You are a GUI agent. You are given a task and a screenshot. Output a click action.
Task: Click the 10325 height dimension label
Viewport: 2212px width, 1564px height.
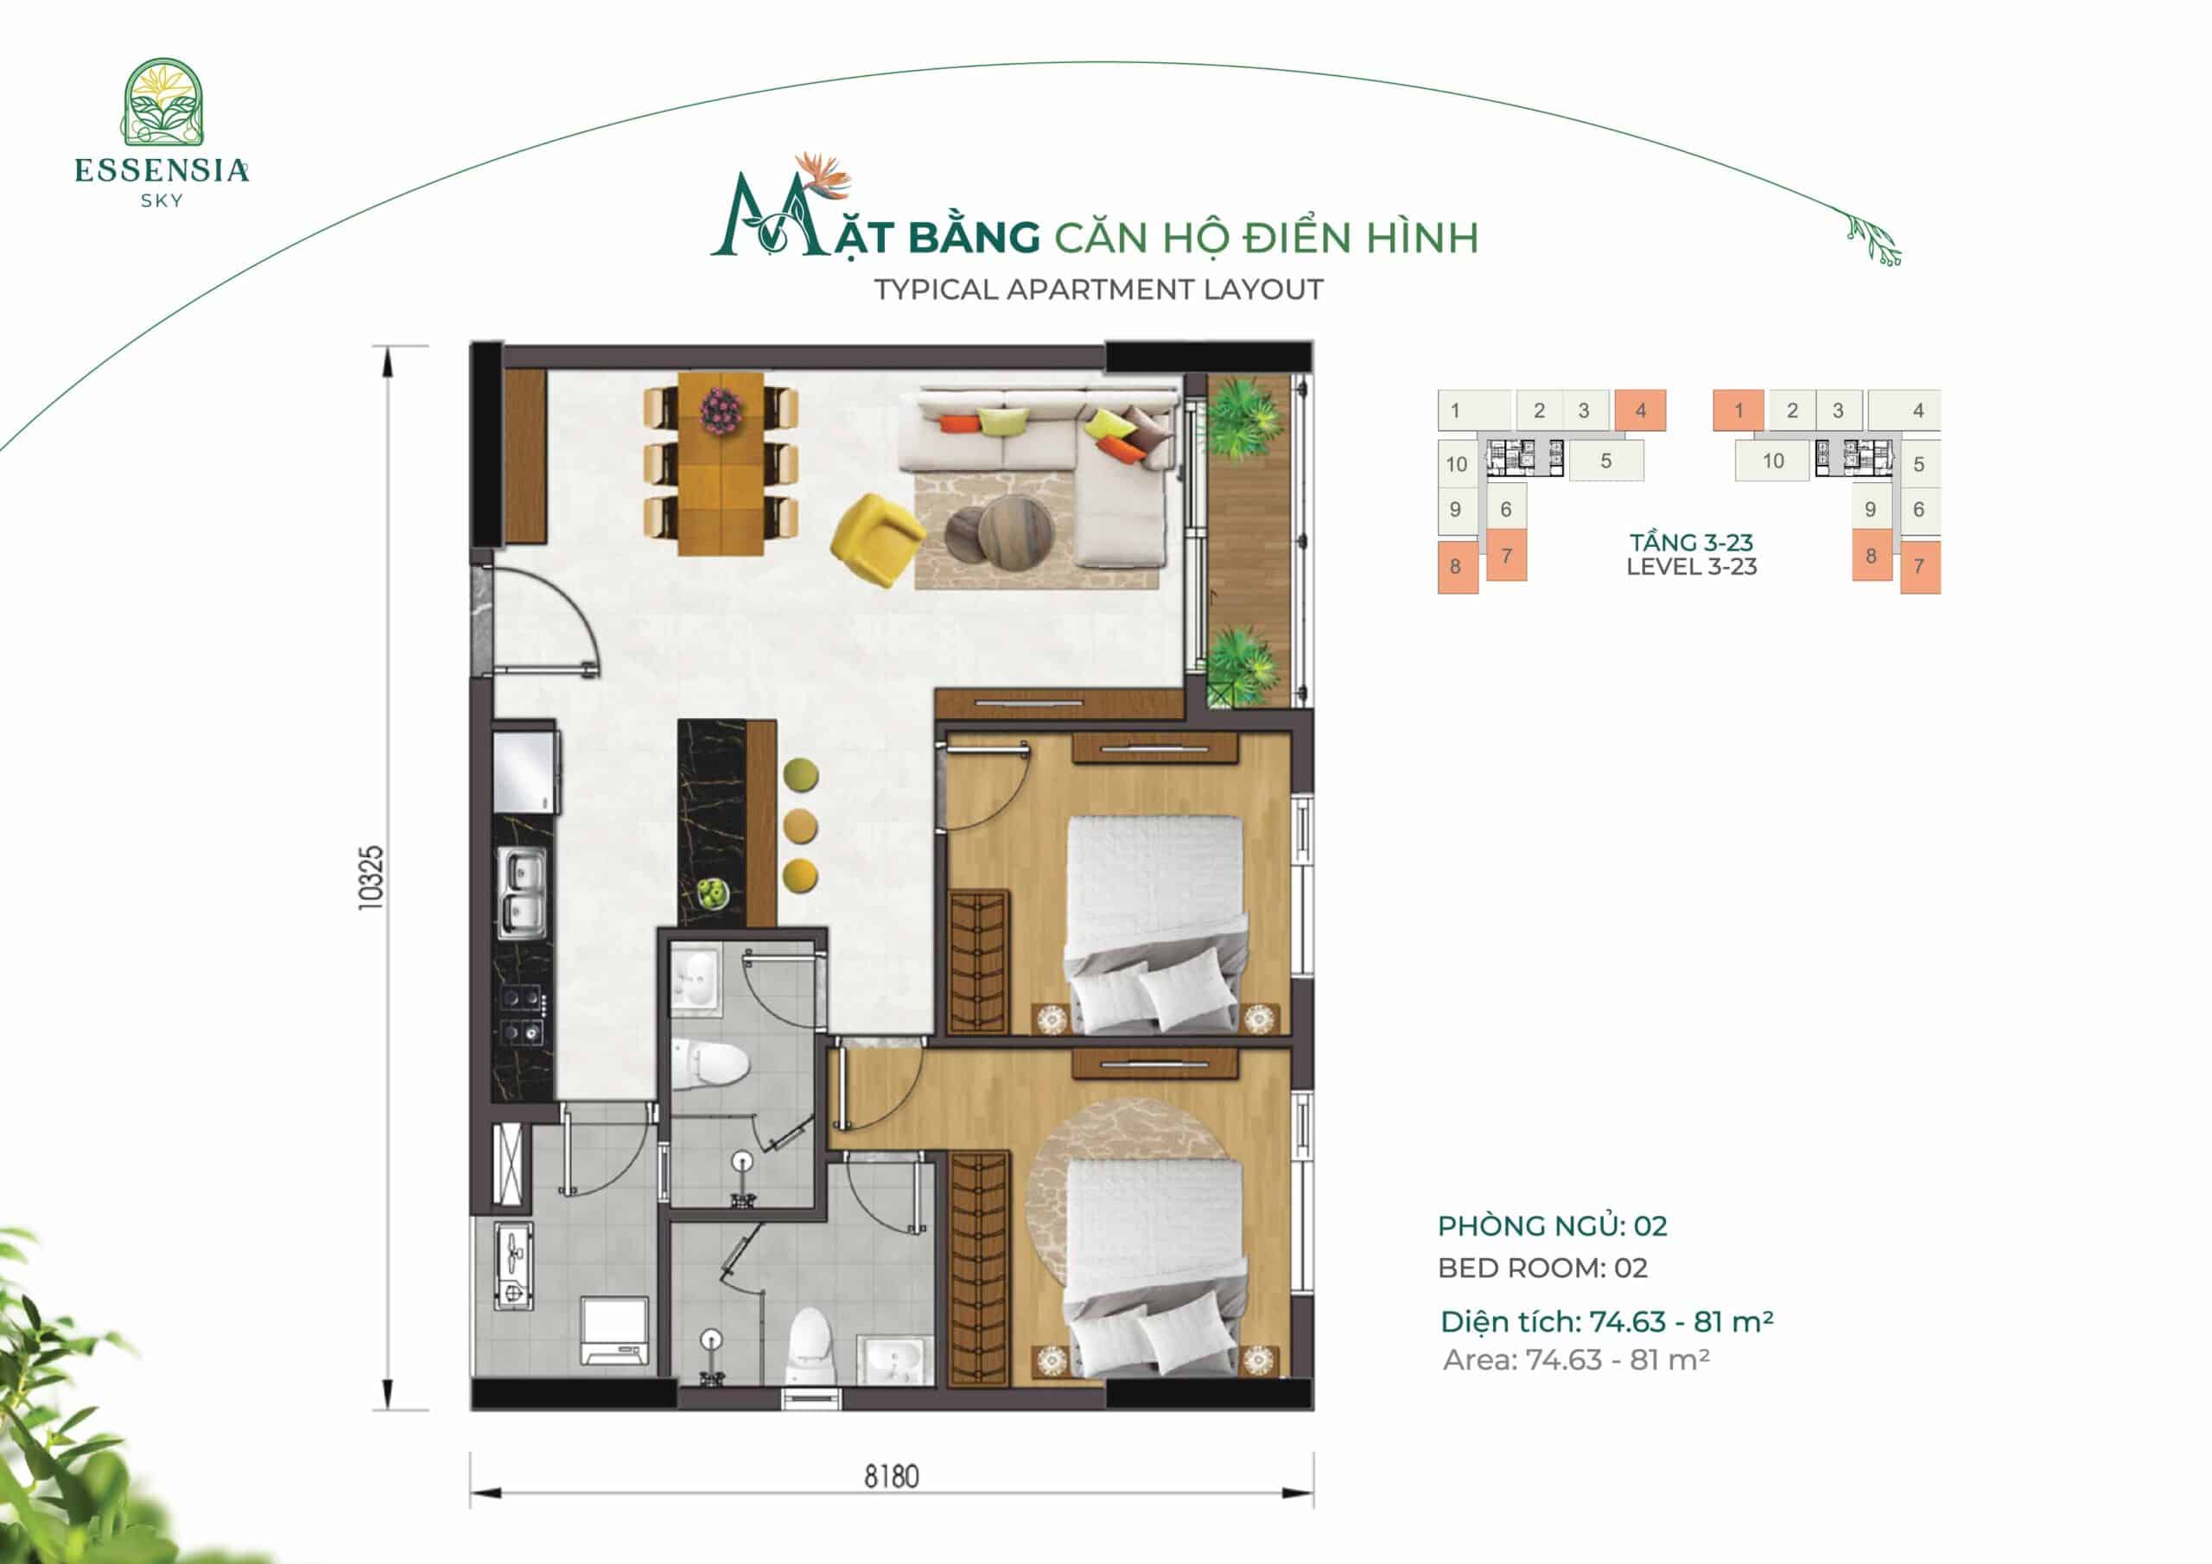[370, 877]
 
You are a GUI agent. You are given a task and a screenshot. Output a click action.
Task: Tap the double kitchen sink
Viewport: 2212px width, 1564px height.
[521, 893]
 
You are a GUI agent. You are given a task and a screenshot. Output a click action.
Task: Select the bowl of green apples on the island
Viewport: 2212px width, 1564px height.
[713, 893]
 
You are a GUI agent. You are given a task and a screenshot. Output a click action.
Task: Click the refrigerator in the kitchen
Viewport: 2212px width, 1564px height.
[525, 772]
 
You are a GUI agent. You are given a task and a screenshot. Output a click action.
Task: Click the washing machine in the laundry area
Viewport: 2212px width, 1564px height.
[614, 1330]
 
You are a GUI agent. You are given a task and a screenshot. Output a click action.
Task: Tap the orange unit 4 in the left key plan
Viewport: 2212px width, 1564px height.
[1640, 410]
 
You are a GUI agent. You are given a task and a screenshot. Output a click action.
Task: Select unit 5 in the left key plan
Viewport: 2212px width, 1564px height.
[1606, 461]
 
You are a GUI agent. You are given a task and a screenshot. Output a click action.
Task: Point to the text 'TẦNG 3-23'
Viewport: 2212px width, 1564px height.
[1692, 543]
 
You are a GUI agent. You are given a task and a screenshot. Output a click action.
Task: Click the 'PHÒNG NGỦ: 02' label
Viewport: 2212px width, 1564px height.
[1552, 1226]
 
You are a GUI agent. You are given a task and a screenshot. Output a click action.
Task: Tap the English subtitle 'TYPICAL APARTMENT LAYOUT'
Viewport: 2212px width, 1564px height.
[1098, 289]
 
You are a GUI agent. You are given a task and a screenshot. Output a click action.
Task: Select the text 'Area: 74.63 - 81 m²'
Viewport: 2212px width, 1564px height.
[1576, 1360]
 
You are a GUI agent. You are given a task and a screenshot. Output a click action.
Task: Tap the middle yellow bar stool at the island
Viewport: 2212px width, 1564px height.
[801, 826]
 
